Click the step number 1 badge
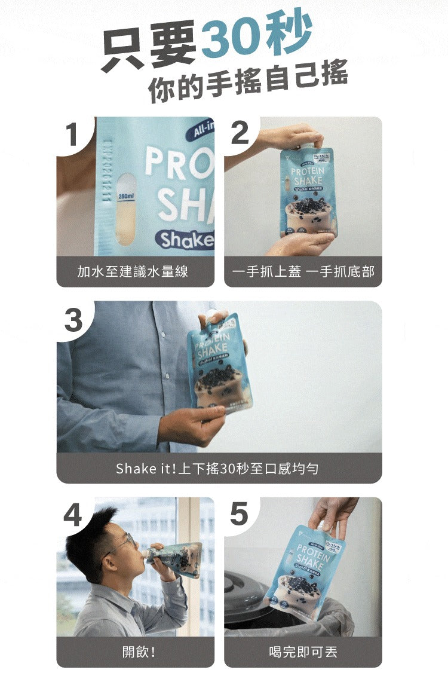[x=72, y=134]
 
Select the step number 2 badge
[x=240, y=133]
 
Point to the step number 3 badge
[x=73, y=319]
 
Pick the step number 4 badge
[x=73, y=515]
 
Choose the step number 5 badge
[x=239, y=514]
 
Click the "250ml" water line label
[x=126, y=196]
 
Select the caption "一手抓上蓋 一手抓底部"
[x=303, y=272]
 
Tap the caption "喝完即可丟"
[x=303, y=652]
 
